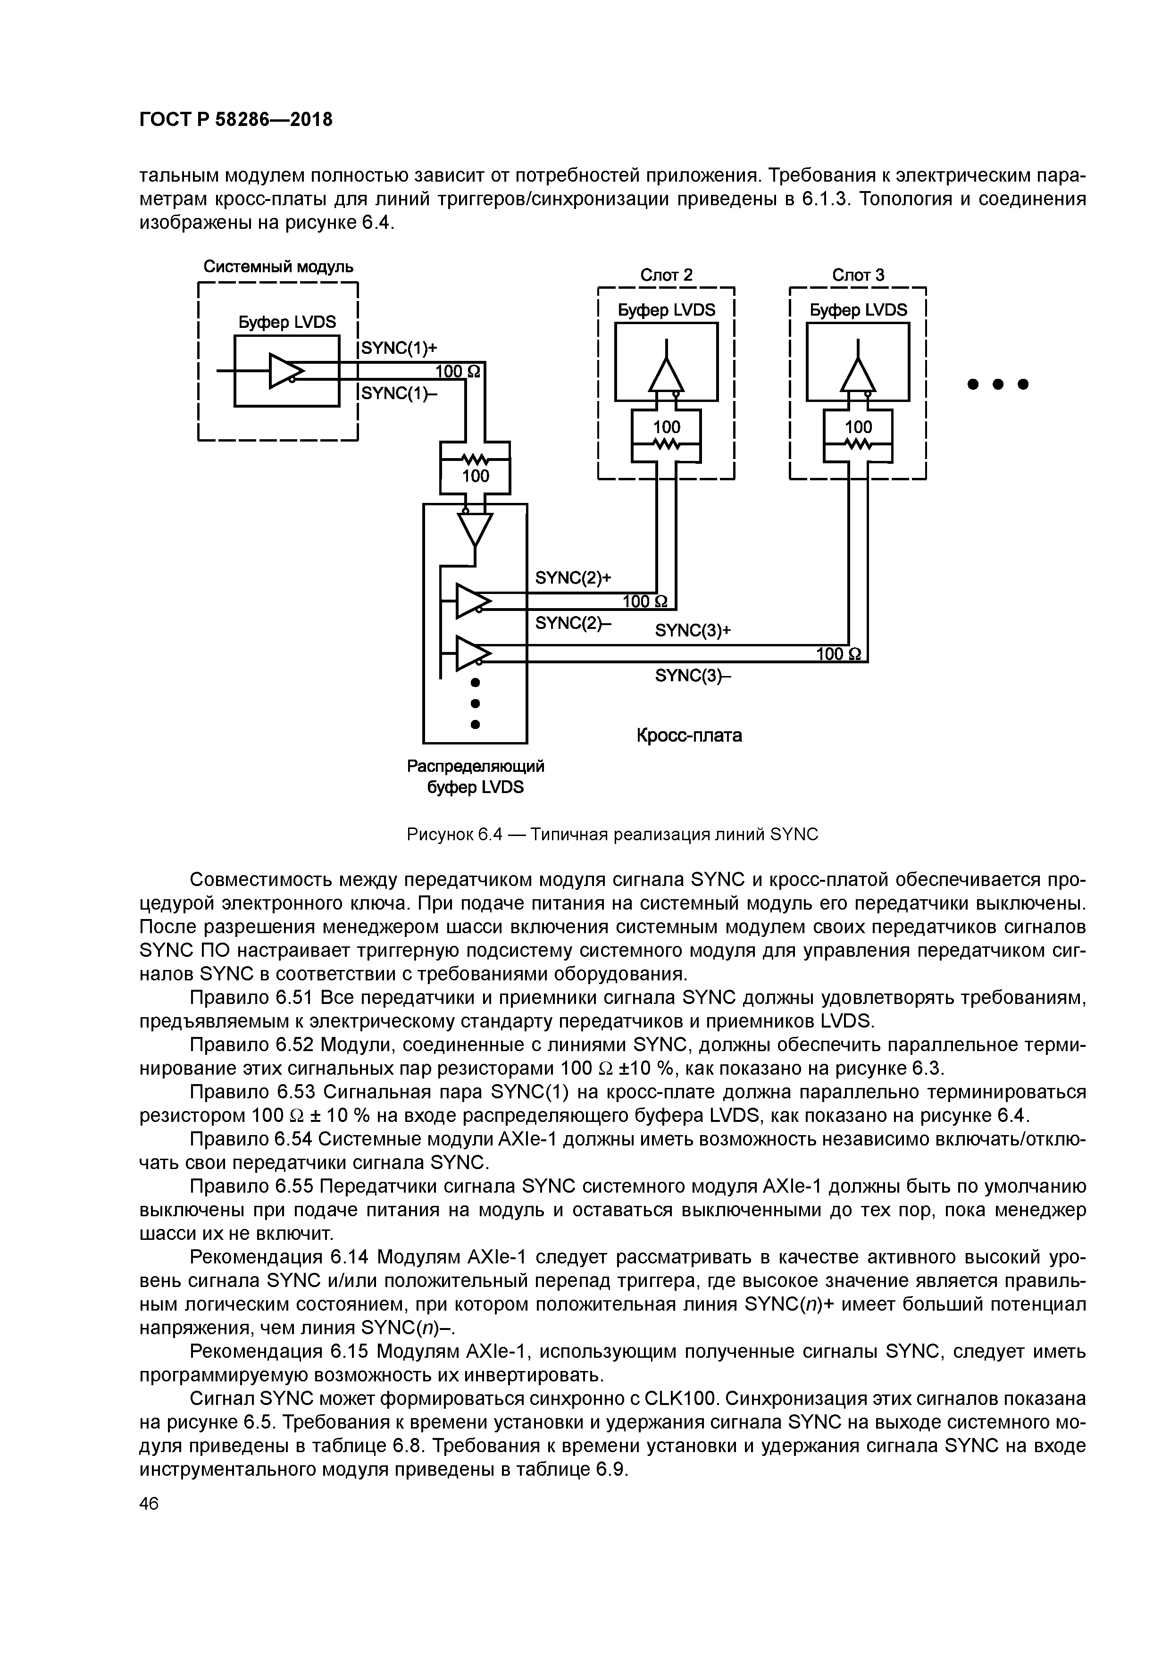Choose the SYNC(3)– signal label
[692, 676]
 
